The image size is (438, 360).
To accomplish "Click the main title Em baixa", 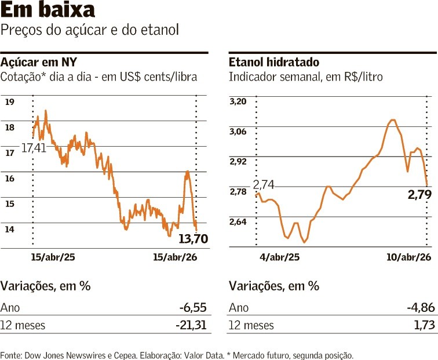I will [48, 10].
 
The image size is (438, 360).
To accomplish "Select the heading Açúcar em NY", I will [39, 62].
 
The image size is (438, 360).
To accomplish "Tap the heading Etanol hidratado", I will [274, 62].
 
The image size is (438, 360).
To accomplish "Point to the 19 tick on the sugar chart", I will [10, 102].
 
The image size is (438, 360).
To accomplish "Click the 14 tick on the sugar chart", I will [10, 229].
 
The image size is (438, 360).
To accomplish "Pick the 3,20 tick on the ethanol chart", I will [238, 102].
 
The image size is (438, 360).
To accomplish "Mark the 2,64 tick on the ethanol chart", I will [238, 222].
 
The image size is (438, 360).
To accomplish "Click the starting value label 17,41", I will [34, 148].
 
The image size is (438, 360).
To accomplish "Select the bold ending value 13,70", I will [193, 238].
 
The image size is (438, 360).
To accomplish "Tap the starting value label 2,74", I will [264, 184].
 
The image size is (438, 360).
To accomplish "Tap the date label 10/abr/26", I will [408, 257].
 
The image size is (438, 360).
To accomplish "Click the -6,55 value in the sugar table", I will [193, 308].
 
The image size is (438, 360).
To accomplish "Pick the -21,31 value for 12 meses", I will [191, 325].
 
